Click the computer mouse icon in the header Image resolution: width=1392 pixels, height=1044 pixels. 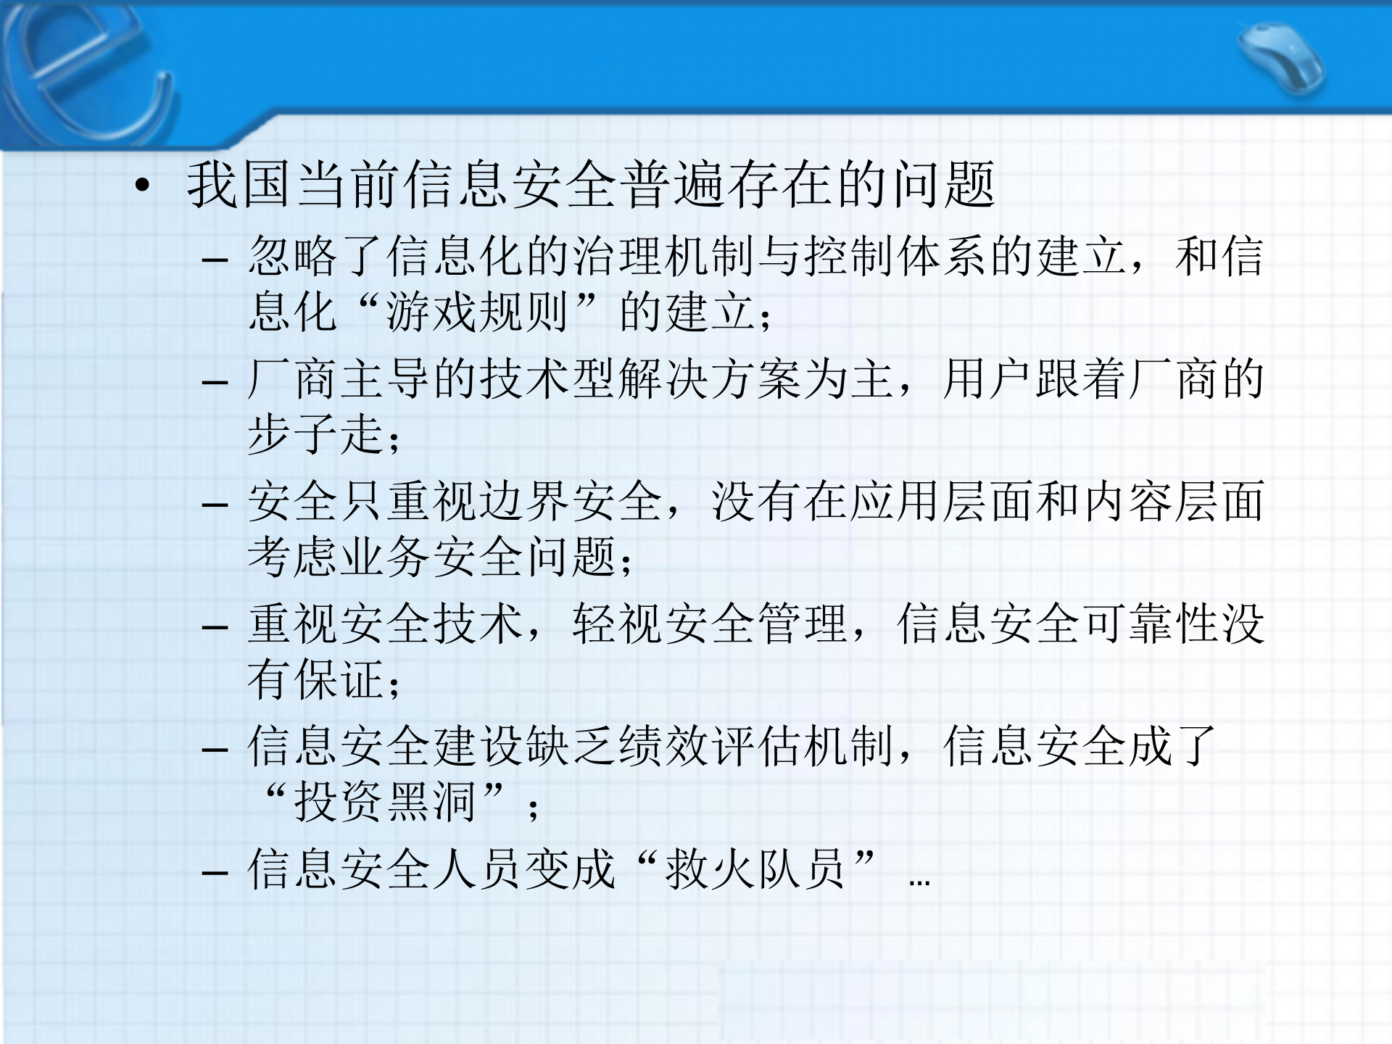(1282, 59)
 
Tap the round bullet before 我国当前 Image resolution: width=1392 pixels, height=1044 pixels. (143, 186)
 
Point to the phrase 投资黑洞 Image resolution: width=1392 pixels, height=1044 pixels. (384, 802)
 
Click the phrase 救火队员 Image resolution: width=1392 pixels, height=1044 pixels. (755, 869)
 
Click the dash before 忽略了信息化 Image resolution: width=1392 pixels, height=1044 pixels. (215, 259)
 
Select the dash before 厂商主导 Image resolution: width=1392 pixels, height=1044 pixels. (215, 381)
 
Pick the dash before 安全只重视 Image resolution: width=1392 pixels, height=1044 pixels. (215, 504)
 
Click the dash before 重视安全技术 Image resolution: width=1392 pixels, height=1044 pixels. (215, 626)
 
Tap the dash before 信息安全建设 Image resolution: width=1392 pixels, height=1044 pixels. (215, 748)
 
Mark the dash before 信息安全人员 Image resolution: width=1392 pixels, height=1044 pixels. (215, 871)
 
